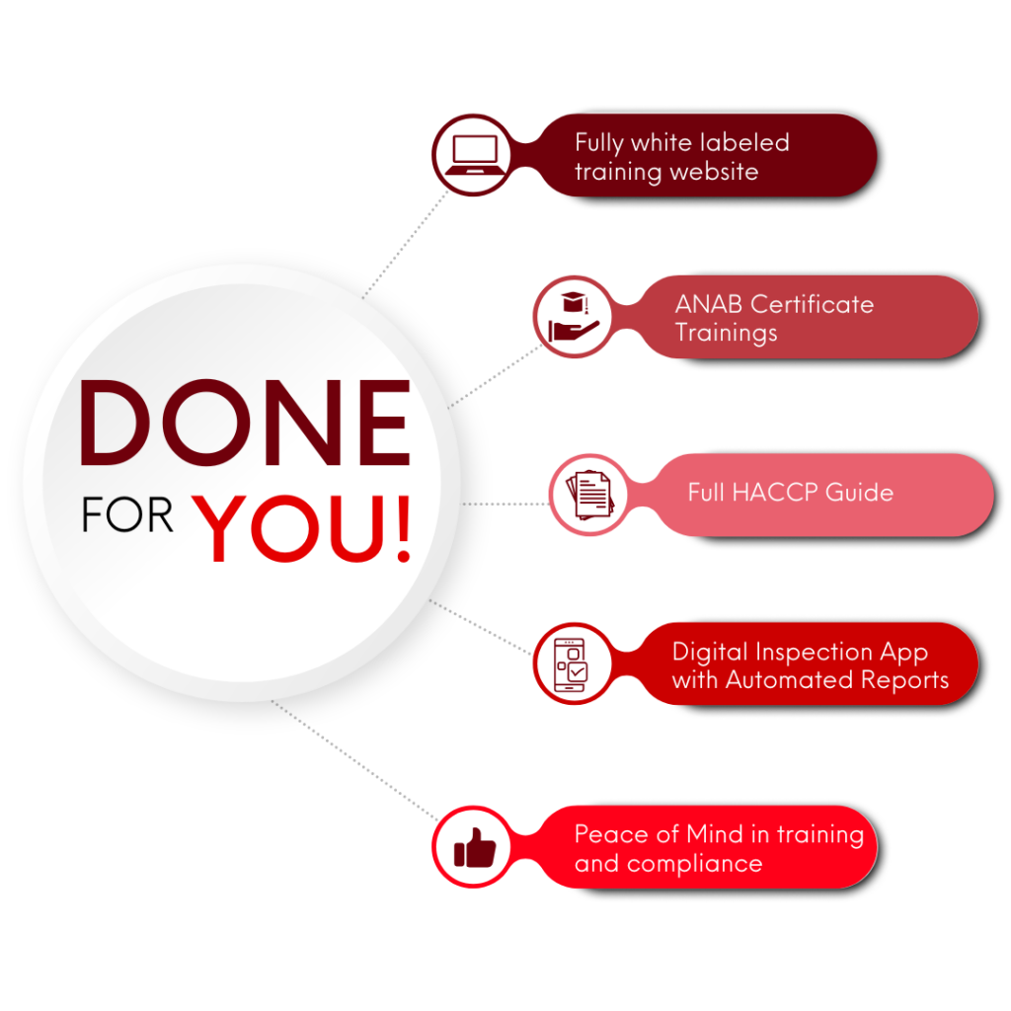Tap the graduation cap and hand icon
pos(574,317)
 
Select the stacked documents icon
pos(589,495)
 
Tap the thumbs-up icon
pos(474,847)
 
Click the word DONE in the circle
pos(244,425)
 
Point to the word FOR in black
pos(128,517)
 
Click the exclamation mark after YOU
pos(401,527)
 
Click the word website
pos(713,172)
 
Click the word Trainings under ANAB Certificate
pos(726,333)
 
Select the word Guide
pos(862,493)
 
